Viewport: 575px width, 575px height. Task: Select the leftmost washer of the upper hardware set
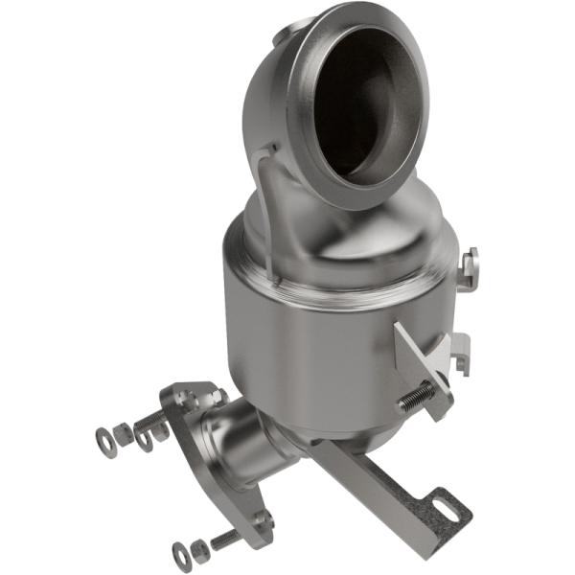coord(104,442)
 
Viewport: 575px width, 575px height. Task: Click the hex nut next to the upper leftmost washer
coord(125,433)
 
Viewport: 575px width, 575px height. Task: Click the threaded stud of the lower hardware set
coord(225,539)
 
